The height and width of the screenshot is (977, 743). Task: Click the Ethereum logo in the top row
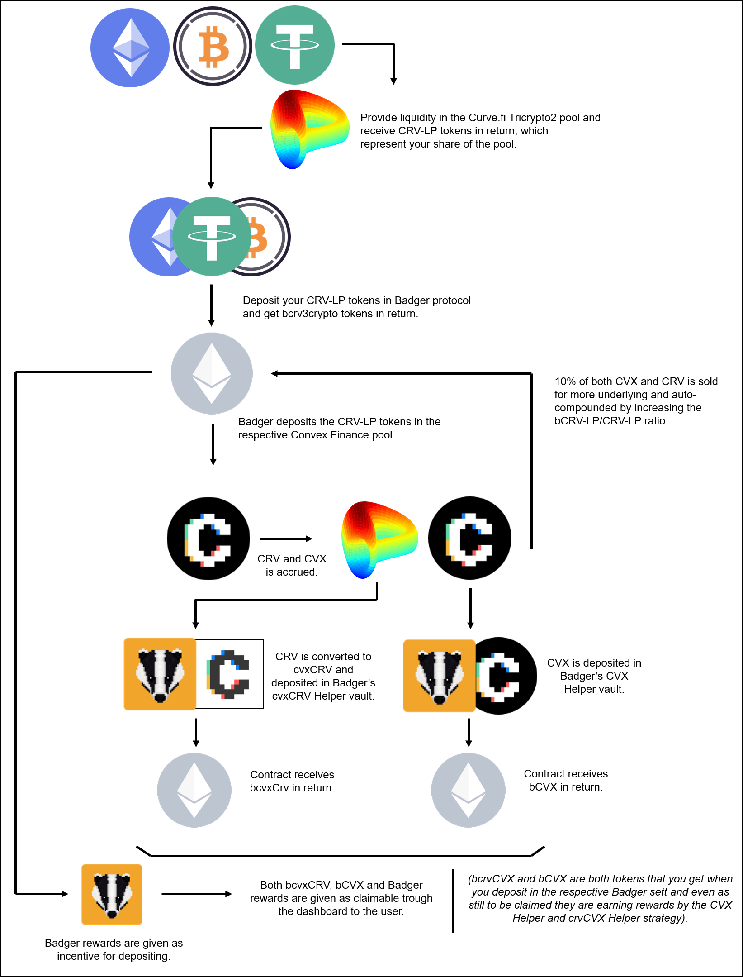pos(130,48)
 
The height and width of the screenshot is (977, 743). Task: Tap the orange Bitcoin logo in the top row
pos(213,46)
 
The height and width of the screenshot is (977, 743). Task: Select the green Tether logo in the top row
pos(295,45)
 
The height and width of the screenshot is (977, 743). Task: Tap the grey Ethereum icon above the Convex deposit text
pos(212,373)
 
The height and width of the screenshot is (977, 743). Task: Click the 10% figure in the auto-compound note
pos(565,381)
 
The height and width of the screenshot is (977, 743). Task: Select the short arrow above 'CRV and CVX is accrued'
pos(286,539)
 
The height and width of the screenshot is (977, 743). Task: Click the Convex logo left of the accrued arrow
pos(208,539)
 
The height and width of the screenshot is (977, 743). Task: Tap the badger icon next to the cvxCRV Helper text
pos(160,674)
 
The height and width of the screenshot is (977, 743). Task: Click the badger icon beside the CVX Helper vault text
pos(439,676)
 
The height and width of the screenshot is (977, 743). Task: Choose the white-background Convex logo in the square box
pos(229,674)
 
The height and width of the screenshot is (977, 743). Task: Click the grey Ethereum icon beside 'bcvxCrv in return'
pos(194,790)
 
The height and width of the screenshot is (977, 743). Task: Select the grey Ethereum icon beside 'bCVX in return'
pos(469,790)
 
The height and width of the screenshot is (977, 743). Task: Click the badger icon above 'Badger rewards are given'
pos(112,894)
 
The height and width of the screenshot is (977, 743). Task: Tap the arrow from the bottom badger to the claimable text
pos(197,894)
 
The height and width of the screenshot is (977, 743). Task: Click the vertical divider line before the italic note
pos(453,901)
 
